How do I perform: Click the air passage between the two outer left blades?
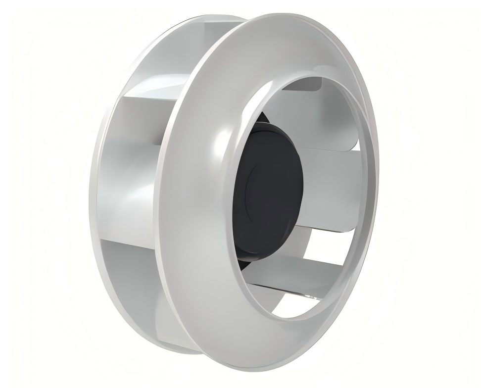(124, 193)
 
